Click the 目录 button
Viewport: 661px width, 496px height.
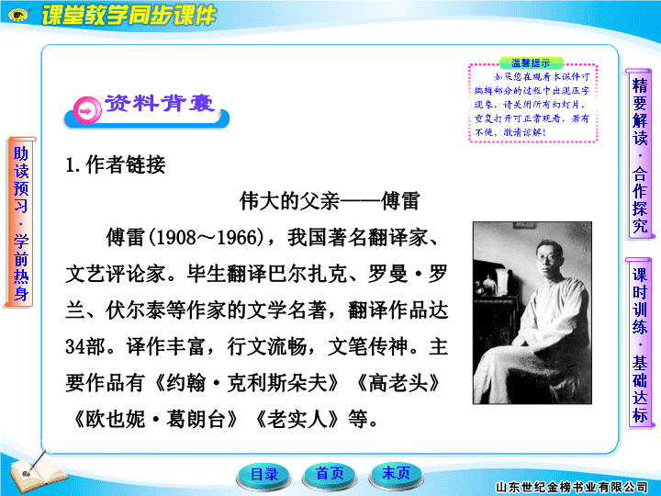point(263,475)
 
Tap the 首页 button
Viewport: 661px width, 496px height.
point(330,475)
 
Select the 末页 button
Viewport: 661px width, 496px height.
point(396,474)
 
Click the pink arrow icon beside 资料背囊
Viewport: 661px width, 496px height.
point(87,111)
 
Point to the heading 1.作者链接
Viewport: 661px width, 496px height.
point(115,164)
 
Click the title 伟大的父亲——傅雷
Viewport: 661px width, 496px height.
point(330,201)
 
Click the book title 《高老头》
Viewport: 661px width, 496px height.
point(398,383)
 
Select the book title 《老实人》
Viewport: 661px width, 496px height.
point(297,420)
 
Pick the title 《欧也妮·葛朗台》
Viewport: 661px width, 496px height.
point(155,420)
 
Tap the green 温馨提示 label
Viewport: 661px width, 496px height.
point(531,63)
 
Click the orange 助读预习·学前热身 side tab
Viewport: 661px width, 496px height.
point(20,222)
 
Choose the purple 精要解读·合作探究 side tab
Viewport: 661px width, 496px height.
point(639,154)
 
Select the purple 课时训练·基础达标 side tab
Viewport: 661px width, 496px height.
point(639,344)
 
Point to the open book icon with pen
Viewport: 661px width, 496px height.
point(36,472)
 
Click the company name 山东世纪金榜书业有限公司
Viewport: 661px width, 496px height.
point(571,488)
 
